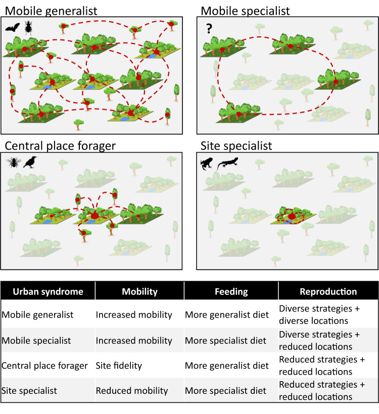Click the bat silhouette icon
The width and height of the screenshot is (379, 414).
click(x=13, y=27)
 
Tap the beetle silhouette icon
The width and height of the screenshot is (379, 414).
click(x=28, y=28)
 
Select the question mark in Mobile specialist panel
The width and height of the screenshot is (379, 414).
click(x=209, y=28)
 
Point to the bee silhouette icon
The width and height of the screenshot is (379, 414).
click(x=14, y=163)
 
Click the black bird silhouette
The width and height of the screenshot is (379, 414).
click(x=30, y=162)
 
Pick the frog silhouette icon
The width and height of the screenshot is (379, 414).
click(x=206, y=164)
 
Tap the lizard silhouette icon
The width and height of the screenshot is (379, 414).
click(x=227, y=164)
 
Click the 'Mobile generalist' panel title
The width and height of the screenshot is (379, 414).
click(x=51, y=11)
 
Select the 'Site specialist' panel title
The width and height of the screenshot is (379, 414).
click(x=236, y=146)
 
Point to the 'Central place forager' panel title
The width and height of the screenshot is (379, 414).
click(x=60, y=146)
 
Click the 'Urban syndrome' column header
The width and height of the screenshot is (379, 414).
click(x=48, y=291)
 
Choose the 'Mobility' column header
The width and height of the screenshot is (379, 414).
click(x=139, y=291)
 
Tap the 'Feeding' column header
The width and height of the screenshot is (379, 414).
click(x=231, y=291)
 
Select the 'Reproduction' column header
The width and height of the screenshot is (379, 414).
click(x=328, y=291)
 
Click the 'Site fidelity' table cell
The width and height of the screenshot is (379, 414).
click(x=119, y=366)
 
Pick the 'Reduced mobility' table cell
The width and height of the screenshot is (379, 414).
click(x=131, y=391)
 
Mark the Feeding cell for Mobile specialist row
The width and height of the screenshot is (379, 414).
click(x=225, y=341)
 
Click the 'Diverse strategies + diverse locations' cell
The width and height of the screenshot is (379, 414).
click(x=319, y=315)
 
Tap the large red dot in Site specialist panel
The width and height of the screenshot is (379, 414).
click(x=292, y=217)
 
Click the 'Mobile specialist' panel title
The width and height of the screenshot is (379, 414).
click(x=245, y=11)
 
